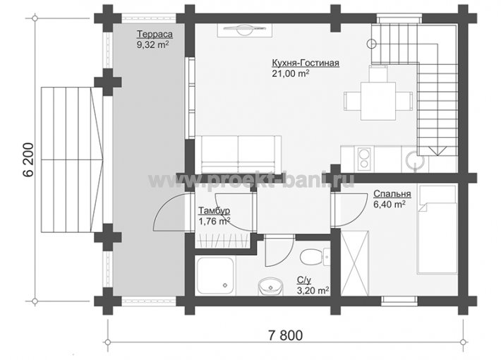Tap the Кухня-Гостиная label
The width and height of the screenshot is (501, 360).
(306, 63)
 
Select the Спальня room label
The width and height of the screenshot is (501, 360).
(392, 193)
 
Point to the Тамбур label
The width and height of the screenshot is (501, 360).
(214, 211)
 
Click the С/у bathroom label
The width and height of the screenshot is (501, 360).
(304, 280)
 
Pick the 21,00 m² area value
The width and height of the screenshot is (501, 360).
(291, 73)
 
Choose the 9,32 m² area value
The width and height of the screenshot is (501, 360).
(152, 44)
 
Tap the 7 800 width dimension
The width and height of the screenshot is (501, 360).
(285, 335)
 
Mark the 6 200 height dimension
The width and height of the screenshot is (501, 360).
(28, 160)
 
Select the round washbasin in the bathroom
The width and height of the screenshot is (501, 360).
(270, 286)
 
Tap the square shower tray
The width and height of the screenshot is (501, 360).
(216, 276)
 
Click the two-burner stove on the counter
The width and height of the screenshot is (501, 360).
(364, 159)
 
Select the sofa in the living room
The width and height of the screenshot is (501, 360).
(238, 155)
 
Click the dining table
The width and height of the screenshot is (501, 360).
(378, 101)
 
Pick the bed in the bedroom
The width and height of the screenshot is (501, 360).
(437, 230)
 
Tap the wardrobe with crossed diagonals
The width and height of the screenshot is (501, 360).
(355, 263)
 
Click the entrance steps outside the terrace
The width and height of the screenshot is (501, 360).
(72, 160)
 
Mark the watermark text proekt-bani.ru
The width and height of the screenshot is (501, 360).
(252, 180)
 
